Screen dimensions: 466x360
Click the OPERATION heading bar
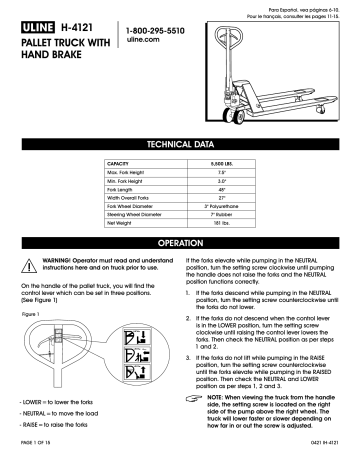point(179,243)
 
